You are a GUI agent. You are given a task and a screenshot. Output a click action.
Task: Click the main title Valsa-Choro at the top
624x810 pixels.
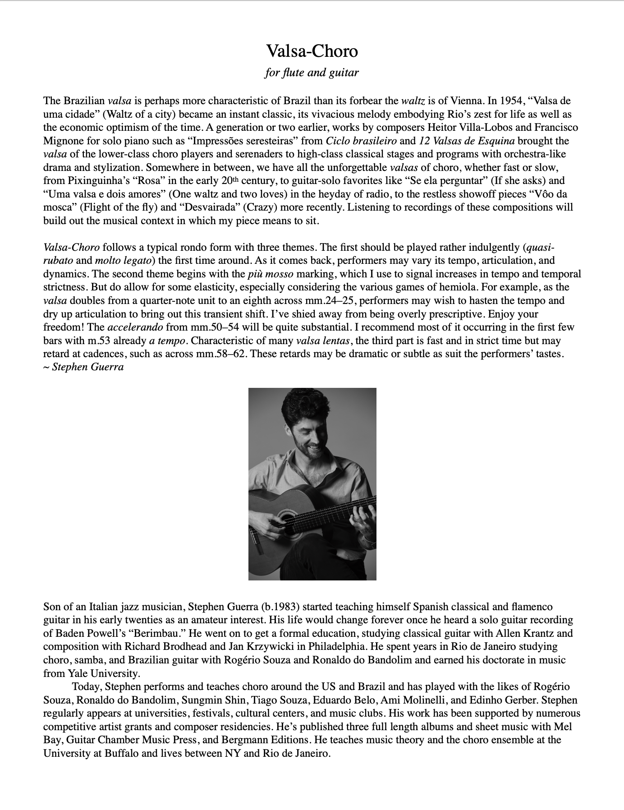[x=312, y=51]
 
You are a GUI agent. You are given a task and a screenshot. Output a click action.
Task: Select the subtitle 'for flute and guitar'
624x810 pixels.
[x=312, y=72]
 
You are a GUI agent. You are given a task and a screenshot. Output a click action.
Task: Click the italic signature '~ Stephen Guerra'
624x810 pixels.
[x=83, y=367]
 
